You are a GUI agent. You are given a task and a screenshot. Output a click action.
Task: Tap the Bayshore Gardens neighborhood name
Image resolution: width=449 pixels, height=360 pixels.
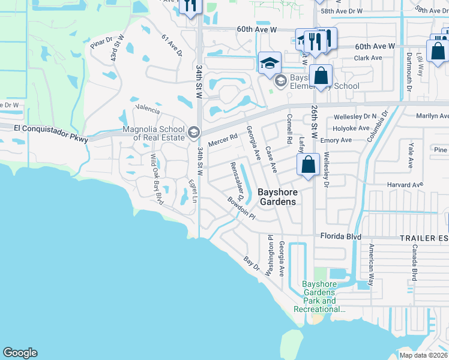coord(277,197)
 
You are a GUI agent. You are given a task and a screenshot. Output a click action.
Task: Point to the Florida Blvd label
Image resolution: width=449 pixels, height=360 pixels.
coord(340,236)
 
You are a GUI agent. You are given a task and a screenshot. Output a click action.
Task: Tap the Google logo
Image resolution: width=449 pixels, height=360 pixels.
coord(20,353)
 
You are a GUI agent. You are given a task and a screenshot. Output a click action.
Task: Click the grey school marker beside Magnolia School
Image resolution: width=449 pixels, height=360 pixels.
coord(193,131)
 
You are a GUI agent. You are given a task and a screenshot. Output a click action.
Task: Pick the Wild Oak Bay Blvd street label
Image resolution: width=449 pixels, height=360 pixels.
coord(157,179)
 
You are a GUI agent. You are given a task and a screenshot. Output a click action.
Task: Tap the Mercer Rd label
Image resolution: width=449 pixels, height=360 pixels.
coord(223,140)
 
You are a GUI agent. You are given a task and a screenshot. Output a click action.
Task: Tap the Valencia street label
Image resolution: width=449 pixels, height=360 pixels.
coord(148,110)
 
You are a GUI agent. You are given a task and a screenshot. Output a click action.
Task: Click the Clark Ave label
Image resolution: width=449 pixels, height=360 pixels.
coord(368,58)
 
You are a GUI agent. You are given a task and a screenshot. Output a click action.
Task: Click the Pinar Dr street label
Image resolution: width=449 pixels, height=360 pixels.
coord(101,43)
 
